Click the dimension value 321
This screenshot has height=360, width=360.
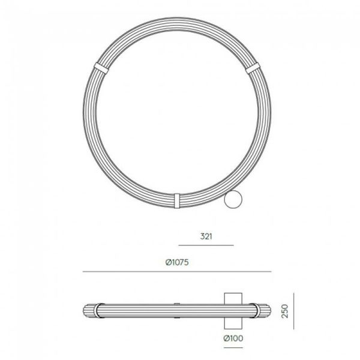(205, 236)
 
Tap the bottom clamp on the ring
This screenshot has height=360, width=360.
(177, 200)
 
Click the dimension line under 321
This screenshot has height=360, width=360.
(206, 245)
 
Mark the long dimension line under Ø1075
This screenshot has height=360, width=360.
(180, 272)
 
